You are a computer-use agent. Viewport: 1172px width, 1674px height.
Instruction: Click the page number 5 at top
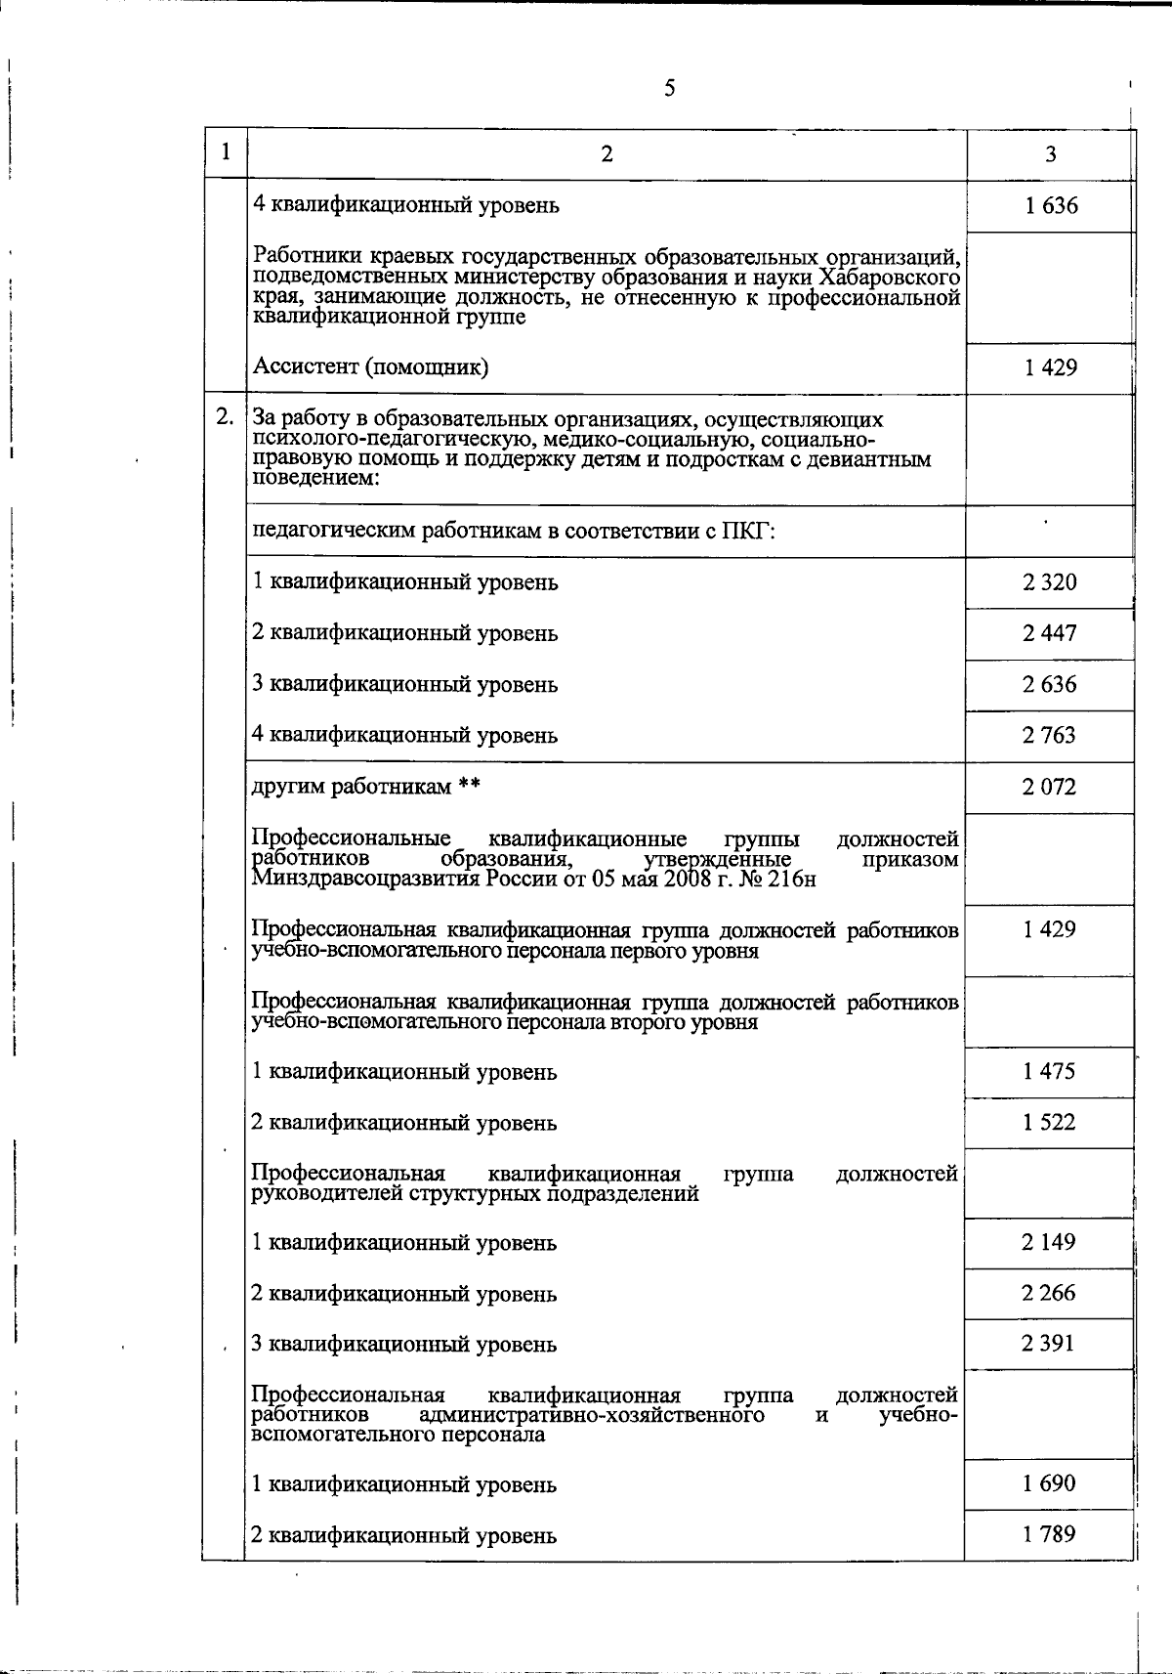669,89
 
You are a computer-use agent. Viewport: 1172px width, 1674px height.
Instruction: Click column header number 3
1050,154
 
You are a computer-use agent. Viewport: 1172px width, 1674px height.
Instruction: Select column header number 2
607,154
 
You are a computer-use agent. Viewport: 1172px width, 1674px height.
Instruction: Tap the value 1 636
1051,206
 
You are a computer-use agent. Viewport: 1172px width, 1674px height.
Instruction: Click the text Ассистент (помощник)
370,367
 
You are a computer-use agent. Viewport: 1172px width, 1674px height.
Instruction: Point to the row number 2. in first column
225,417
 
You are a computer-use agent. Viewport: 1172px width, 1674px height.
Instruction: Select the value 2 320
1050,582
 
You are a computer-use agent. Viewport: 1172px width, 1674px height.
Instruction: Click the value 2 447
1050,633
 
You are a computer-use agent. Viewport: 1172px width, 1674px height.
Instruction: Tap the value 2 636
1050,684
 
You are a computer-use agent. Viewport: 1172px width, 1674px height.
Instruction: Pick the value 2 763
1050,735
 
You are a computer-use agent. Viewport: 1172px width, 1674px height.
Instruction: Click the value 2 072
1050,787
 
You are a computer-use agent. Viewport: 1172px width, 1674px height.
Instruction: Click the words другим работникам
352,787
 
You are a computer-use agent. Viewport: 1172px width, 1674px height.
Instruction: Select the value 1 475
1049,1071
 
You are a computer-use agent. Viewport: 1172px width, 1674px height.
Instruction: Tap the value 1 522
1049,1122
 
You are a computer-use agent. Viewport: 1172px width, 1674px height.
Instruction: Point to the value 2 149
1049,1242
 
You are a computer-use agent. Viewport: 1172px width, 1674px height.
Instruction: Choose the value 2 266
1049,1293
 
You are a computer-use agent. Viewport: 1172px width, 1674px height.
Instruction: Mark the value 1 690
1049,1483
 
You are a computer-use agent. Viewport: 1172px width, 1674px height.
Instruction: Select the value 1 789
1049,1534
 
